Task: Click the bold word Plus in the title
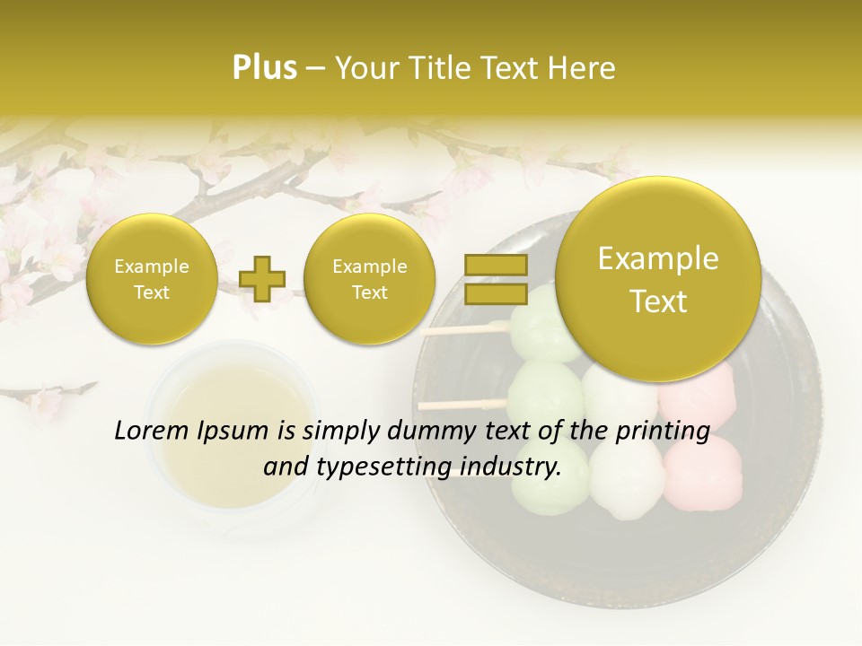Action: [264, 68]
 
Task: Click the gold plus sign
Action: [263, 279]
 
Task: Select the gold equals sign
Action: [495, 279]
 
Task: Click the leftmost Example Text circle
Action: [151, 279]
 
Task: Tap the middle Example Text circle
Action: [369, 279]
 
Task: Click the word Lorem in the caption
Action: [150, 431]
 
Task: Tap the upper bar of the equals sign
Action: [495, 265]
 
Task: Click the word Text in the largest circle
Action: [658, 301]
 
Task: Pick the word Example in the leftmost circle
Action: [151, 266]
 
